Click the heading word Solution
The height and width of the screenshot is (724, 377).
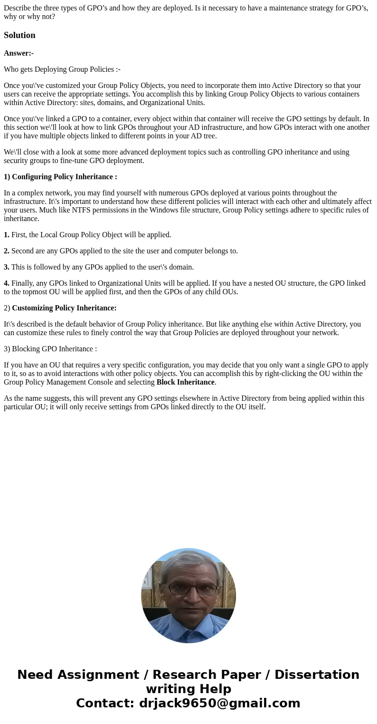19,35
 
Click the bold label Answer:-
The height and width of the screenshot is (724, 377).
19,53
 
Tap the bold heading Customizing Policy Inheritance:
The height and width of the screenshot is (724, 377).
64,308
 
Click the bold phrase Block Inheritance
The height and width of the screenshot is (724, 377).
185,382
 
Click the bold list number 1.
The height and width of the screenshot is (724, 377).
6,235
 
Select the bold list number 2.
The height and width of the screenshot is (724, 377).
6,251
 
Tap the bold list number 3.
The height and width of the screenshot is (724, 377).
6,267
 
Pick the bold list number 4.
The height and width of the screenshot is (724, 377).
6,283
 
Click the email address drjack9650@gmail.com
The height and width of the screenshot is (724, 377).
219,703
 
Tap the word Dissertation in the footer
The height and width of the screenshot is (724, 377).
317,675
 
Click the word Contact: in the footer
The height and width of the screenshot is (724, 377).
105,703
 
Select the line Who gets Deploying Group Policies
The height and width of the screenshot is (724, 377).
62,69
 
